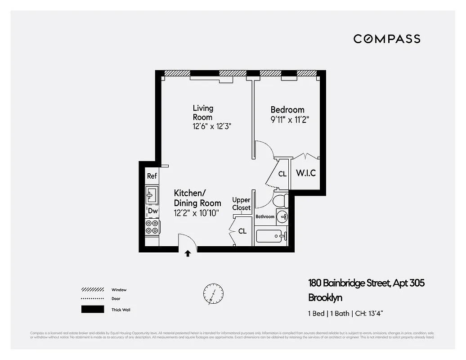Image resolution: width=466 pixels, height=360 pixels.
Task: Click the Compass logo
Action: point(387,39)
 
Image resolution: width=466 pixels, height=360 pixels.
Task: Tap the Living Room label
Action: point(203,112)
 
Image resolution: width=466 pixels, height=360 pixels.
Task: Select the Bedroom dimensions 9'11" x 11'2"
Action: point(290,120)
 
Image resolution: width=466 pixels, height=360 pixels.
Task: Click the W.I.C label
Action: point(305,173)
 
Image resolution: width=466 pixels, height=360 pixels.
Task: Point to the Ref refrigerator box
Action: point(152,176)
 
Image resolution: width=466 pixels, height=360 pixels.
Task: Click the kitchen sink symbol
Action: point(152,195)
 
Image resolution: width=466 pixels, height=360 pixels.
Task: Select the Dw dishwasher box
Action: point(152,211)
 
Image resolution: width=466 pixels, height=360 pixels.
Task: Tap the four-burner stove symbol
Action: point(152,226)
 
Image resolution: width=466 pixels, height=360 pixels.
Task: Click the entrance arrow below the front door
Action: point(188,254)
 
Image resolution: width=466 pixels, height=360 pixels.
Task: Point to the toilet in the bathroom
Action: point(281,200)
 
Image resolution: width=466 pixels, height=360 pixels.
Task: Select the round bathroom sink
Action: point(282,216)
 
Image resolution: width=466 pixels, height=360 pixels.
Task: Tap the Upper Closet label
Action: point(242,204)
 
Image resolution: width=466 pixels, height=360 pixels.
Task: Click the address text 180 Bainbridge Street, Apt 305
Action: point(366,283)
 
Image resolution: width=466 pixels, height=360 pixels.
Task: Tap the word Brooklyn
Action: point(325,297)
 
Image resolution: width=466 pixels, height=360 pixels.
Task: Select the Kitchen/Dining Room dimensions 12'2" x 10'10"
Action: point(196,213)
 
